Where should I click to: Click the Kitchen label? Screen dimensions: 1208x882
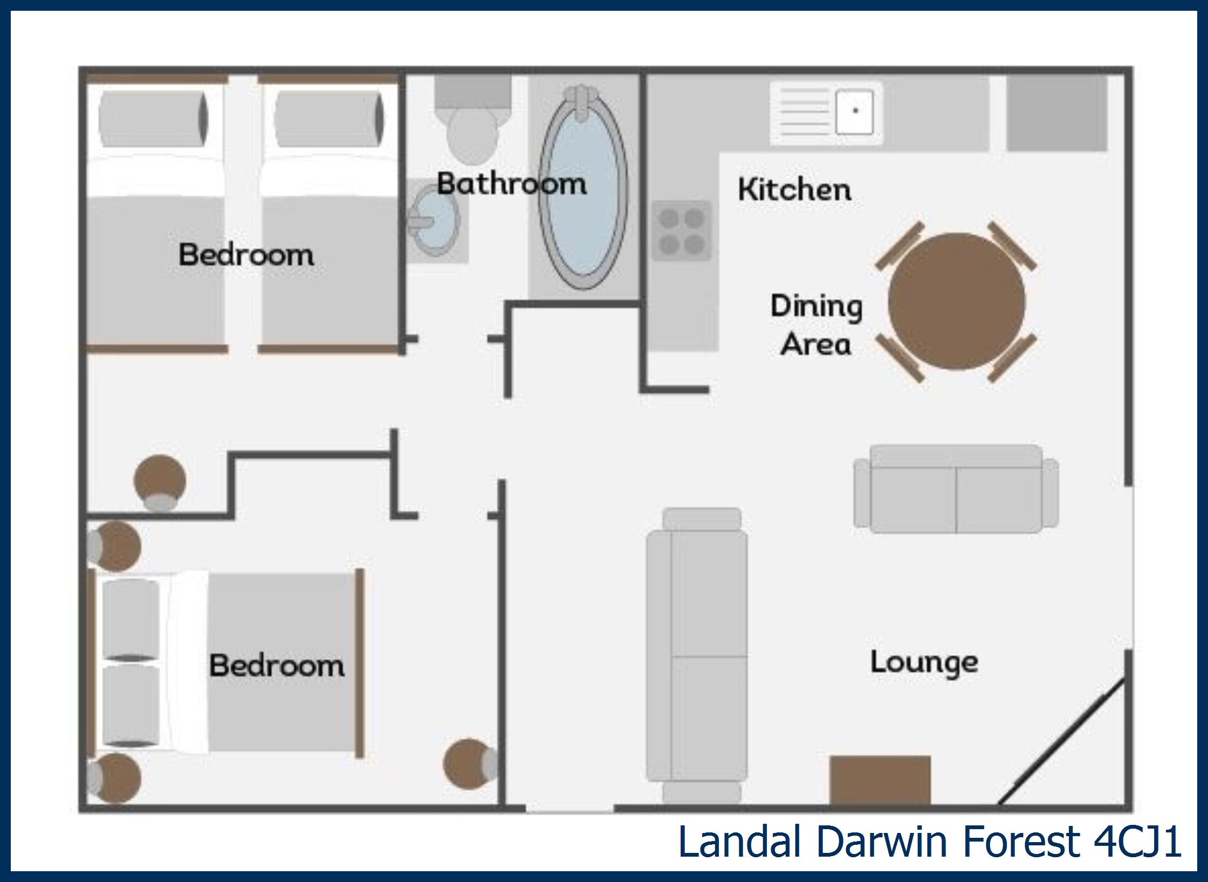click(794, 189)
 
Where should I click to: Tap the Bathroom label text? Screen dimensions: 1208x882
click(511, 183)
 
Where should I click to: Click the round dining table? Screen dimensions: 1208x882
click(956, 301)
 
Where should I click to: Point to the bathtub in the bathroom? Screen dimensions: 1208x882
click(583, 188)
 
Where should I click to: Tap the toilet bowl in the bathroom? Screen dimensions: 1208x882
click(472, 135)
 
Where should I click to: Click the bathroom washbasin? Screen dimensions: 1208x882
click(434, 220)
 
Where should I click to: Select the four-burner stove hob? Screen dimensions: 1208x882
click(682, 231)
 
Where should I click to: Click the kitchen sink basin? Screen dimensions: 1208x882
click(854, 112)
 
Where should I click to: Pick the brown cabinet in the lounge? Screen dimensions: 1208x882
click(880, 780)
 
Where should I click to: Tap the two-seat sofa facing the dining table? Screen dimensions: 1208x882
click(956, 489)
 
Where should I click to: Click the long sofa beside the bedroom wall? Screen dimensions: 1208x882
click(697, 656)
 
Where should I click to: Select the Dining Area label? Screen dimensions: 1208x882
click(816, 325)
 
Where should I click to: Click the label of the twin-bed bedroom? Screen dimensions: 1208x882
click(246, 254)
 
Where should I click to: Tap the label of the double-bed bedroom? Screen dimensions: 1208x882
click(277, 665)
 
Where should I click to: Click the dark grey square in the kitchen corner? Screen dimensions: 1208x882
click(1057, 113)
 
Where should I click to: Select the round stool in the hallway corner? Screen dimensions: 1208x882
click(160, 482)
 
